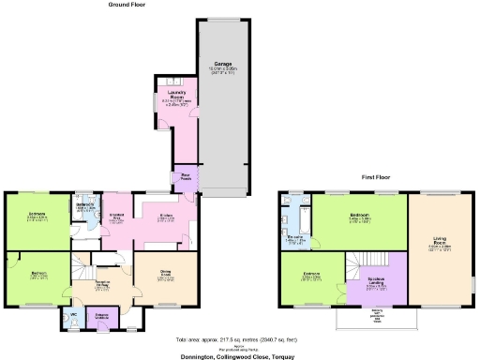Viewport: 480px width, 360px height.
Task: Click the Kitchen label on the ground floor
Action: coord(165,217)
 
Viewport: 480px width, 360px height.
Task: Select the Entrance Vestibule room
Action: coord(103,316)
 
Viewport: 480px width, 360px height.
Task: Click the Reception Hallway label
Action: coord(106,285)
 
